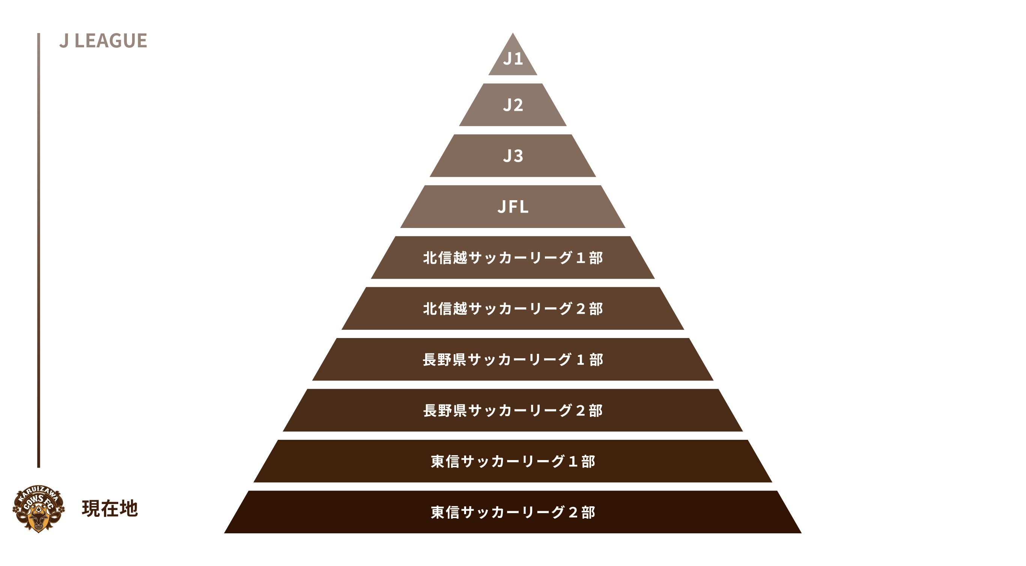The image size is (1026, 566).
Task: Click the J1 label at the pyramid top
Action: (x=513, y=59)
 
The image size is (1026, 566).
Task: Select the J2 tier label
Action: (x=513, y=105)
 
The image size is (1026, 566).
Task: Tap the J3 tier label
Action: (x=513, y=156)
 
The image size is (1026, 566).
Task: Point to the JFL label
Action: (x=513, y=207)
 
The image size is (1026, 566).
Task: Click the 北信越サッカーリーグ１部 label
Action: (x=513, y=258)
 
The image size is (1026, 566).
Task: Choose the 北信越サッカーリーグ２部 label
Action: (x=513, y=309)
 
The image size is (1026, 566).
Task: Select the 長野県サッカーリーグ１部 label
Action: (x=513, y=360)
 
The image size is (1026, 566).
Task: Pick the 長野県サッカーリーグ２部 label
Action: (x=513, y=411)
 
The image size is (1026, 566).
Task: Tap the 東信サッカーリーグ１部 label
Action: (x=513, y=462)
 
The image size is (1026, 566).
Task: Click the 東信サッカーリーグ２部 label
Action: (x=513, y=513)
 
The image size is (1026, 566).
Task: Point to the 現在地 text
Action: (x=110, y=509)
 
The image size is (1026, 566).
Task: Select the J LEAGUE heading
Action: (x=103, y=41)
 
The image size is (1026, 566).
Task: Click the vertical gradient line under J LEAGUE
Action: (x=39, y=250)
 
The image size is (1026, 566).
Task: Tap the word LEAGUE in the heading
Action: (x=111, y=41)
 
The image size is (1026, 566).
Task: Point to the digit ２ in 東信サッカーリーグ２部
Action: (x=573, y=513)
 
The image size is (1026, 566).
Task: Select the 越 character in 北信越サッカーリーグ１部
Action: (x=460, y=258)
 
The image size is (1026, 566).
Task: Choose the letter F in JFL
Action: (x=513, y=207)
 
